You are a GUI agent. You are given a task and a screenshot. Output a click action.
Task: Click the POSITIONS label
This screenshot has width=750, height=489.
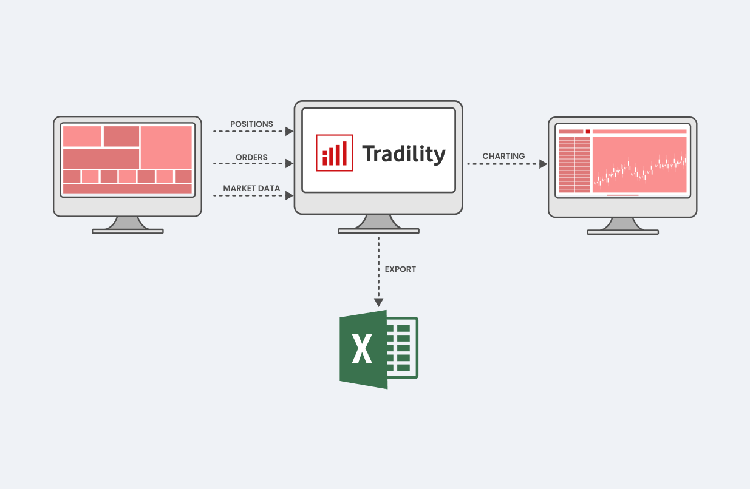[x=251, y=124]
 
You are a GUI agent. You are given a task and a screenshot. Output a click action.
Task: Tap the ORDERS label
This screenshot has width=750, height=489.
[x=251, y=157]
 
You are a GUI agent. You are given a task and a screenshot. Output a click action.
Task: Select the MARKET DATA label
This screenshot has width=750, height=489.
[x=251, y=188]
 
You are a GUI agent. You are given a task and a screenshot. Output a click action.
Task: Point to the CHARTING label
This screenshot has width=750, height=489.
[x=503, y=156]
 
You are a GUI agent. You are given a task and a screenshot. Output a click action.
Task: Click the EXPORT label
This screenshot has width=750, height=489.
[x=400, y=269]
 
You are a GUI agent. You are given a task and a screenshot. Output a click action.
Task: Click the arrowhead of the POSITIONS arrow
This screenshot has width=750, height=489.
[x=290, y=132]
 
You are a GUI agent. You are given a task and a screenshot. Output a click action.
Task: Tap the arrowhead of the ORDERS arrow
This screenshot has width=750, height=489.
[x=290, y=164]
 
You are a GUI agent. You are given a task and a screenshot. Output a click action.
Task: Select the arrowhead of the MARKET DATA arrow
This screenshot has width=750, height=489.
[x=290, y=196]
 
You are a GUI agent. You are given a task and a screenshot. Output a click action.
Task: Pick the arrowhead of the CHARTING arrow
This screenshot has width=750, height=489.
[x=544, y=164]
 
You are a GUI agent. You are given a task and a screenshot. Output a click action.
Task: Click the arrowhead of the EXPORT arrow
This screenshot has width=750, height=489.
[x=379, y=303]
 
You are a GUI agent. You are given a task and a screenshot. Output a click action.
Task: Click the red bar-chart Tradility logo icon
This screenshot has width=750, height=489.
[x=335, y=153]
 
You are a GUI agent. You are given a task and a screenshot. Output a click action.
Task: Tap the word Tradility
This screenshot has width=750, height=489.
[x=404, y=154]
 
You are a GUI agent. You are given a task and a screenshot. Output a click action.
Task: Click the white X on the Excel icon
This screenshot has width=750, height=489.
[x=362, y=349]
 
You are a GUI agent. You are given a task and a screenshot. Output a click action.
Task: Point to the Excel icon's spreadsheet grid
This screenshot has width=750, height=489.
[x=403, y=348]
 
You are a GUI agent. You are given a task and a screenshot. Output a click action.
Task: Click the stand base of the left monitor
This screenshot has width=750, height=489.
[x=128, y=231]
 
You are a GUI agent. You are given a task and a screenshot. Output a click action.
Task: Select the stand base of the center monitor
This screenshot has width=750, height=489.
[x=379, y=231]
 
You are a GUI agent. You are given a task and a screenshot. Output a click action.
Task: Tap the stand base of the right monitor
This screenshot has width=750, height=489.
[x=622, y=232]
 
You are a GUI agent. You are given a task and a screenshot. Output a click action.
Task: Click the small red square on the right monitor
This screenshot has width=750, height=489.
[x=588, y=132]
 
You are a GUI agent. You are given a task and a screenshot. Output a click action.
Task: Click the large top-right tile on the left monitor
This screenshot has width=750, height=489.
[x=166, y=147]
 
